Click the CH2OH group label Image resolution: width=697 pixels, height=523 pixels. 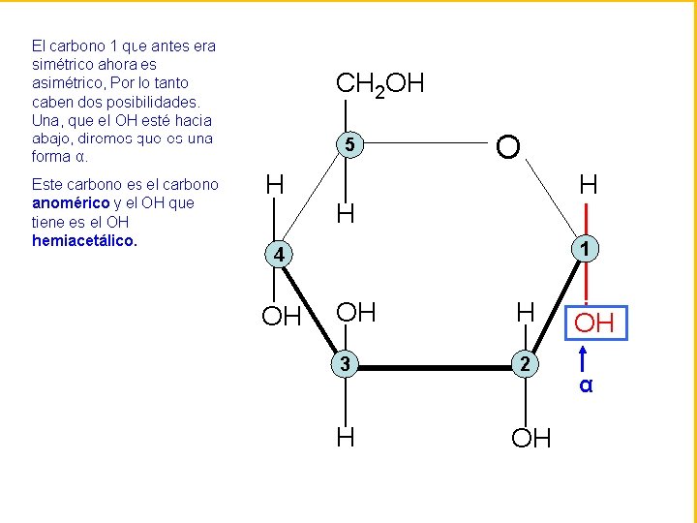pyautogui.click(x=379, y=85)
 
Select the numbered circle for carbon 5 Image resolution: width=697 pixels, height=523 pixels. pyautogui.click(x=352, y=146)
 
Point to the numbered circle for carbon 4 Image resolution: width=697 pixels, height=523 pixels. pyautogui.click(x=277, y=256)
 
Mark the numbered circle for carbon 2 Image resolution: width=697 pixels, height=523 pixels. pyautogui.click(x=523, y=364)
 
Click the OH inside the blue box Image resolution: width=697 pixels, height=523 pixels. pyautogui.click(x=595, y=322)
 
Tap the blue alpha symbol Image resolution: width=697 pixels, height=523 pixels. pyautogui.click(x=586, y=386)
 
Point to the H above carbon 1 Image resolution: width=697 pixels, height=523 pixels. pyautogui.click(x=587, y=184)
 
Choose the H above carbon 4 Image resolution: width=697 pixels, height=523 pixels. pyautogui.click(x=275, y=184)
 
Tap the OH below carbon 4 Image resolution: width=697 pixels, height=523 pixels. pyautogui.click(x=283, y=316)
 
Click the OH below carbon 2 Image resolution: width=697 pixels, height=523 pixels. pyautogui.click(x=531, y=439)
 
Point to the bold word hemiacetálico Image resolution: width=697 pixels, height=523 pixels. pyautogui.click(x=84, y=240)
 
